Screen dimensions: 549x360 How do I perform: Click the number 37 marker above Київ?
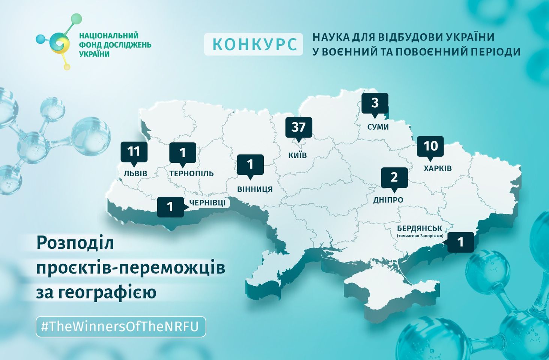tap(298, 127)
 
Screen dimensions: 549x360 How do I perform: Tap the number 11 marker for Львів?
tap(134, 151)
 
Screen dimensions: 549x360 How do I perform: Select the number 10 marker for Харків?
tap(430, 146)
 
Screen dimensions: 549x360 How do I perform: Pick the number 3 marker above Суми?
tap(375, 103)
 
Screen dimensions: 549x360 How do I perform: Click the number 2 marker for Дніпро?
tap(394, 177)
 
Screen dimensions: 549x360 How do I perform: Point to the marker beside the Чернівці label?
tap(170, 207)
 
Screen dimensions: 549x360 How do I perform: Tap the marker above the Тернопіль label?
tap(183, 153)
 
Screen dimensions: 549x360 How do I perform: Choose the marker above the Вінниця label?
tap(250, 164)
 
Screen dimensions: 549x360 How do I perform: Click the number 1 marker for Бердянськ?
tap(460, 242)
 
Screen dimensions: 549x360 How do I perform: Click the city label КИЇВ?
tap(298, 155)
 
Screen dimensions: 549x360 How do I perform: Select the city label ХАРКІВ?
tap(438, 168)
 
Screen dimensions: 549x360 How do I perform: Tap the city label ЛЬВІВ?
tap(135, 174)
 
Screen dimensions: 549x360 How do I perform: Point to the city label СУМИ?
tap(378, 127)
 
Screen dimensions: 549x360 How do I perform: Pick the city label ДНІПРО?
tap(388, 200)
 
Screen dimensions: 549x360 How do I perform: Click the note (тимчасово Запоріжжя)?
tap(420, 236)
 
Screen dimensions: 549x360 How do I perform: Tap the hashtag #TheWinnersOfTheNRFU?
tap(120, 327)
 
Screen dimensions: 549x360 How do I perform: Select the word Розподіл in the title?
tap(75, 243)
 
